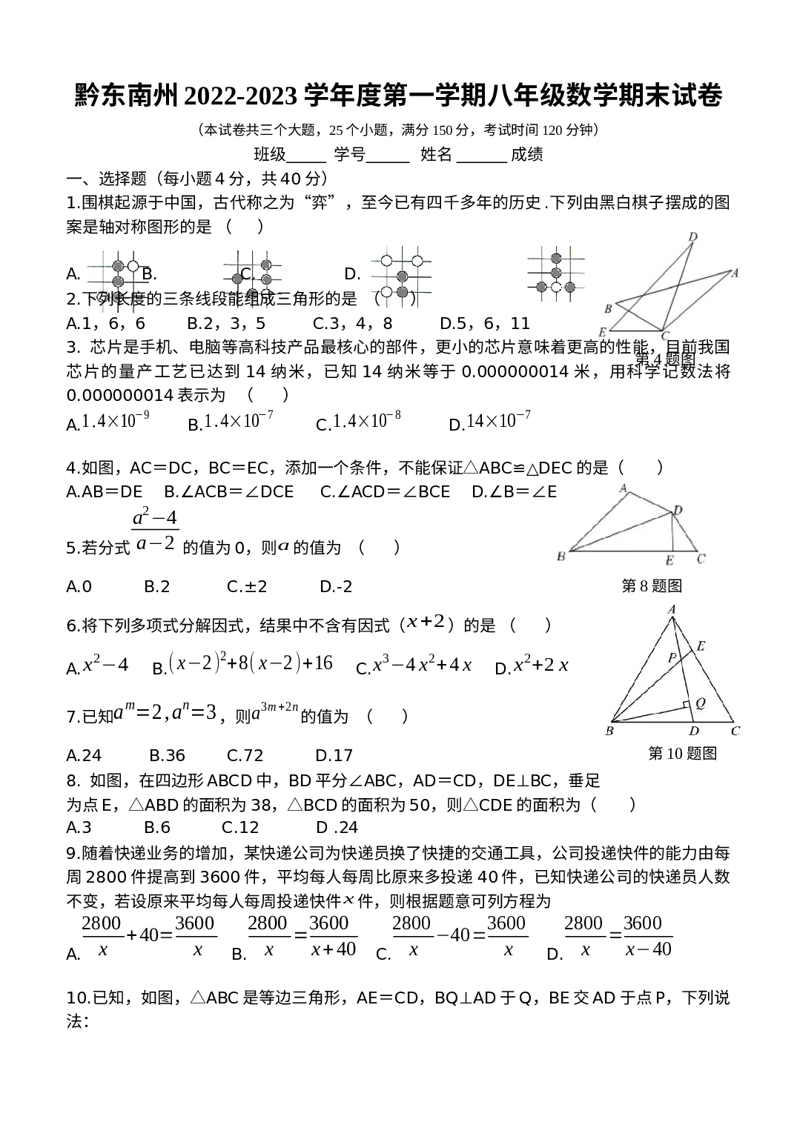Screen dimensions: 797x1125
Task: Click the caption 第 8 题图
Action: [652, 585]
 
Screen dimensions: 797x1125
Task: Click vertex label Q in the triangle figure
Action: [701, 703]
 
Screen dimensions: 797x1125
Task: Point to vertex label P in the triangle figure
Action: [672, 657]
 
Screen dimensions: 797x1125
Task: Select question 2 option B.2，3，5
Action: [226, 323]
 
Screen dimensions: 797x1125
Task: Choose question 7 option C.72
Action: [245, 755]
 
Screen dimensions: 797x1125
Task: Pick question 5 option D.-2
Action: [336, 587]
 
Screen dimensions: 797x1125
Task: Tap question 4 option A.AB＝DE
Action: [105, 491]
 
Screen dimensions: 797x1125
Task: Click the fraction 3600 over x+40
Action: [333, 937]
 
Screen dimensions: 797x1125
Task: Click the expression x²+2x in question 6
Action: [540, 665]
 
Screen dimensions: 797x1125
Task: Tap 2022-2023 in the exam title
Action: [241, 96]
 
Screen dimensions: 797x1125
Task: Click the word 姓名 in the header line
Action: [436, 154]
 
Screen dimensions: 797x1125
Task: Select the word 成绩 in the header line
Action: [526, 154]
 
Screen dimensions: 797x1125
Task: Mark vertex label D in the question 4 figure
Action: [693, 236]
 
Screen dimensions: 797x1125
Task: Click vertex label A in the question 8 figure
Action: [624, 488]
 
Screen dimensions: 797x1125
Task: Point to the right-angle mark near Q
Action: [687, 705]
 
